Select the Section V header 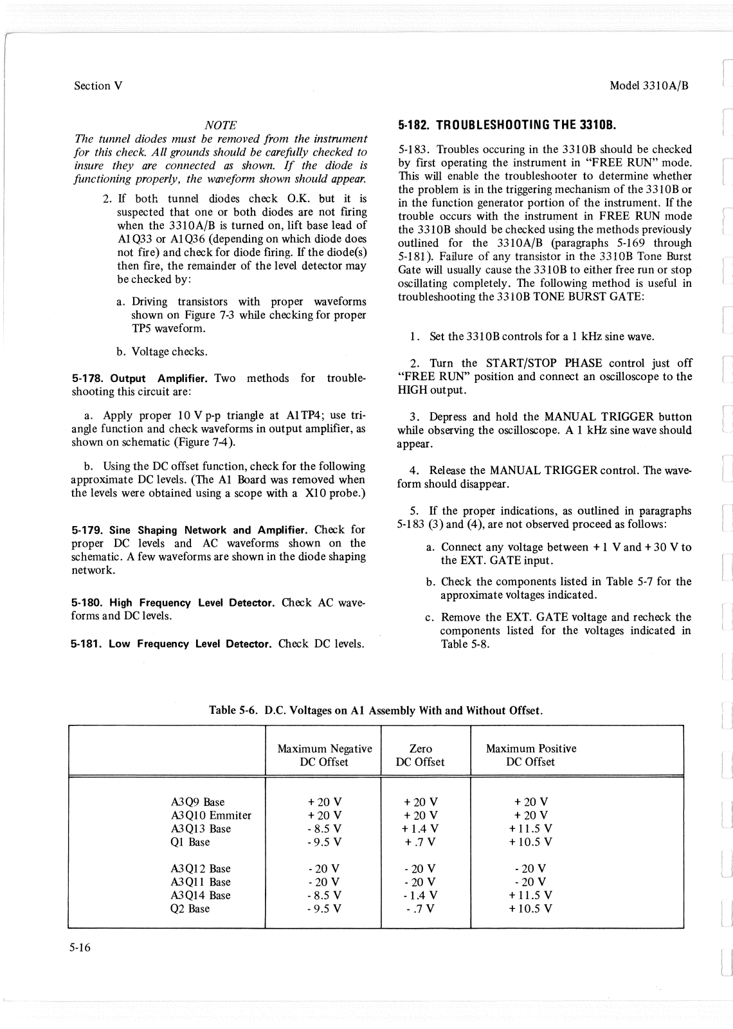[98, 86]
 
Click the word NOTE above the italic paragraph [220, 125]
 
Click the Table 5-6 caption [376, 711]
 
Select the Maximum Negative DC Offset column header [324, 755]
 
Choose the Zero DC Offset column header [421, 755]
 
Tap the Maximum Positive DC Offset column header [530, 755]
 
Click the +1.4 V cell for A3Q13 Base [421, 829]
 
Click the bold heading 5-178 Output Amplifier [140, 379]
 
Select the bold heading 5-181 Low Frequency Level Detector [172, 644]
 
